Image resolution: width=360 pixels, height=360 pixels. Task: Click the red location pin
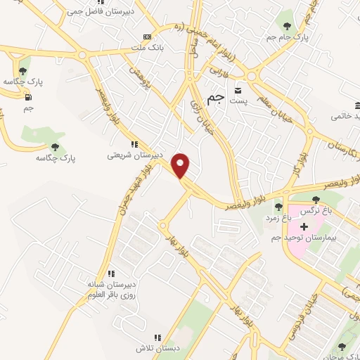click(182, 166)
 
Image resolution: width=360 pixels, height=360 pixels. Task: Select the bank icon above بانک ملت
click(147, 37)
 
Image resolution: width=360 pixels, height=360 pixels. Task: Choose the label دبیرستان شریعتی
click(135, 155)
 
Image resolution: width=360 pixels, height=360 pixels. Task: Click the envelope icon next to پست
click(238, 91)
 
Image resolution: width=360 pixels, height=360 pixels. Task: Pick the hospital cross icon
click(304, 226)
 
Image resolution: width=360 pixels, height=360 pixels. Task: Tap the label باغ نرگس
click(315, 212)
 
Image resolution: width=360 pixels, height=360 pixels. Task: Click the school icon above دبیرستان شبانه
click(110, 274)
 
